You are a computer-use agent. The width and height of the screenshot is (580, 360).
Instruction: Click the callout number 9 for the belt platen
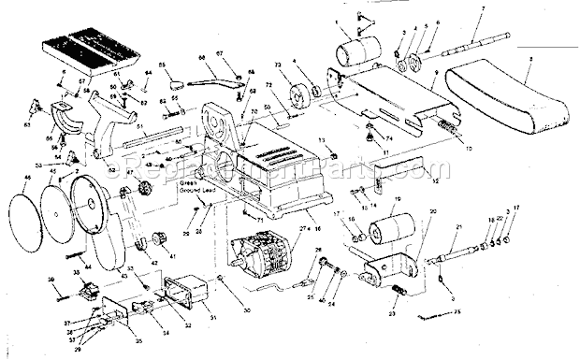pos(434,85)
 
